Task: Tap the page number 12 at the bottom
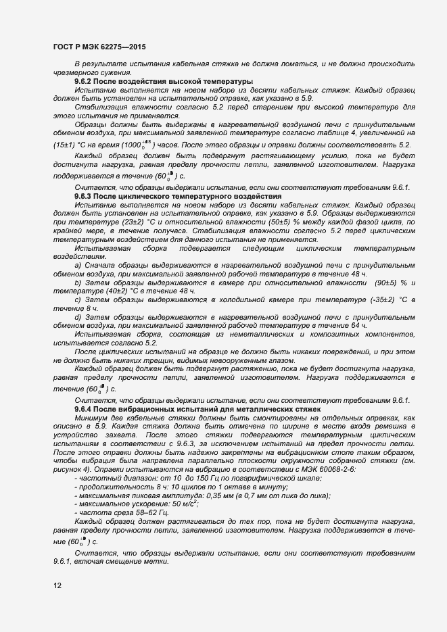click(x=57, y=585)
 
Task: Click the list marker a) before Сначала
click(x=78, y=266)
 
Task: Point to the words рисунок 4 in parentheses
click(x=70, y=469)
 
